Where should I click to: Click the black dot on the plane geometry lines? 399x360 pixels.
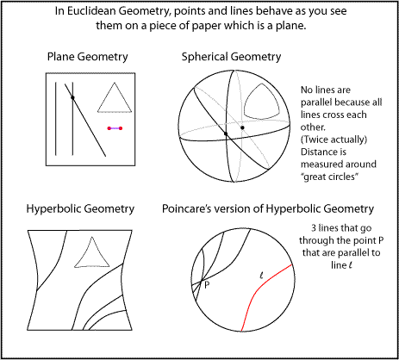[72, 97]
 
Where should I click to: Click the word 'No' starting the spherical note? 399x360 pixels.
[307, 90]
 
